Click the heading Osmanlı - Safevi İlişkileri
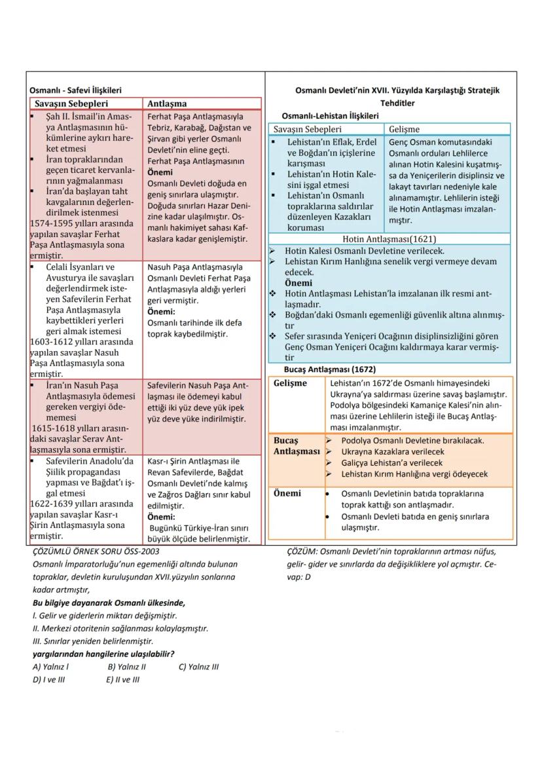pyautogui.click(x=75, y=90)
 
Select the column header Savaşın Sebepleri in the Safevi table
pyautogui.click(x=72, y=103)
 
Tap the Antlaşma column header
pyautogui.click(x=167, y=103)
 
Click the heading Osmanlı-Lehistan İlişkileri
pyautogui.click(x=330, y=116)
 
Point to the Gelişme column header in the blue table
pyautogui.click(x=404, y=129)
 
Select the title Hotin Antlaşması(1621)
pyautogui.click(x=389, y=239)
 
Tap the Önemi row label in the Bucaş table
pyautogui.click(x=287, y=493)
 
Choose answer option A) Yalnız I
pyautogui.click(x=51, y=667)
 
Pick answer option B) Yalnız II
pyautogui.click(x=126, y=667)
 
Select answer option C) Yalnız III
pyautogui.click(x=198, y=667)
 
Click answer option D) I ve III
pyautogui.click(x=51, y=679)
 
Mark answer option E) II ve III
pyautogui.click(x=122, y=679)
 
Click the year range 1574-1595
pyautogui.click(x=54, y=223)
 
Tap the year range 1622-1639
pyautogui.click(x=54, y=504)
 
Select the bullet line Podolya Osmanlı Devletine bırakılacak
pyautogui.click(x=412, y=441)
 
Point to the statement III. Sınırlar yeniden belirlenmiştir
pyautogui.click(x=92, y=641)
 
